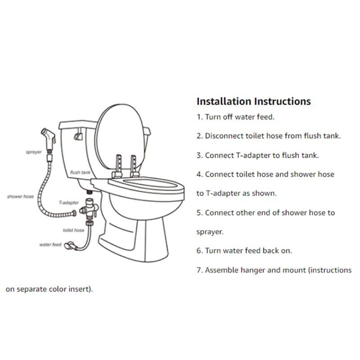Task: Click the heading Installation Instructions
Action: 253,101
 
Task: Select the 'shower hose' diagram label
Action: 20,197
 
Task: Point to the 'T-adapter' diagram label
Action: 69,203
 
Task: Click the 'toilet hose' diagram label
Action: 73,230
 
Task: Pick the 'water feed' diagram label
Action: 50,245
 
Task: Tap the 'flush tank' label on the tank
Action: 81,172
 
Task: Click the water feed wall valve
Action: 69,245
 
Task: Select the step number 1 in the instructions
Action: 199,117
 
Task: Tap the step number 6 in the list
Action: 199,251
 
